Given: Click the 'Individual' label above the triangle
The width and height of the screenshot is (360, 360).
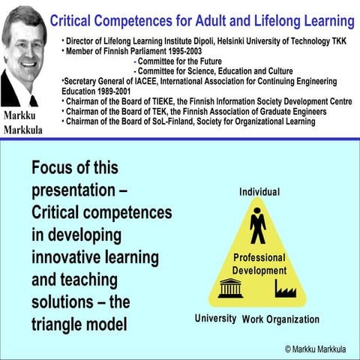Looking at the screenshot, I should click(259, 192).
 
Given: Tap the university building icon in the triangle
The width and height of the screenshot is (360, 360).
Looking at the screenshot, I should click(230, 288).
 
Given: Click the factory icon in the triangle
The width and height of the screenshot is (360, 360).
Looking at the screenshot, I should click(286, 288).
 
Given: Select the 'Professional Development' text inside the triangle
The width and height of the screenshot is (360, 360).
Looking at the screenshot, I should click(259, 264).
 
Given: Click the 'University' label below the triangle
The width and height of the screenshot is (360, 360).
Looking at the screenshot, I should click(215, 319).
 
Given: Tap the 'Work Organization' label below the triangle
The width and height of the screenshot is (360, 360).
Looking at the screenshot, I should click(280, 319).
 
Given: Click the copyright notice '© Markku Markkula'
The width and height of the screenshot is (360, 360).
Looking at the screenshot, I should click(319, 349).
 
